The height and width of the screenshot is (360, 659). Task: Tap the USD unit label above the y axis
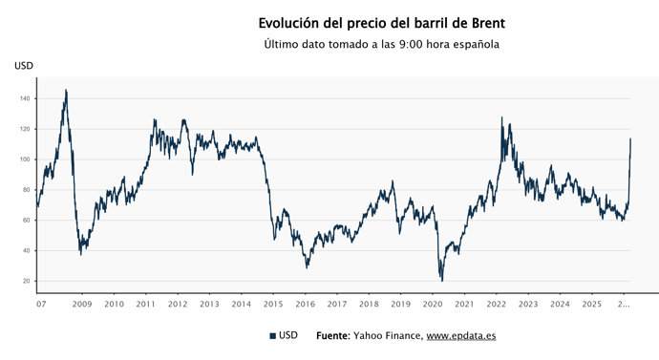point(23,65)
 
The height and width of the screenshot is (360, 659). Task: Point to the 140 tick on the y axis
point(26,98)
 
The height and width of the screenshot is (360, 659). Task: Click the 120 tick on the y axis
point(26,129)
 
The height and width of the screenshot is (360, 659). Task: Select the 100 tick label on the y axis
point(26,159)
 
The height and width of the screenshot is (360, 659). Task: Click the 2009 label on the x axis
point(82,305)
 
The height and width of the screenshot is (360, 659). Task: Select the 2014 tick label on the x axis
point(241,305)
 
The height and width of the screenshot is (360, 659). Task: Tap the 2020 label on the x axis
point(432,305)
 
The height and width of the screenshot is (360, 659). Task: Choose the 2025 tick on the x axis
point(591,305)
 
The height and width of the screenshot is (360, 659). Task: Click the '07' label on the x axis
point(41,305)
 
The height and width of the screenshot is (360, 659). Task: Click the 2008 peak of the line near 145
point(65,91)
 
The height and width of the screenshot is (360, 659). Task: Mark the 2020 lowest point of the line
point(441,280)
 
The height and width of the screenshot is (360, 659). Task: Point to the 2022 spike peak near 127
point(502,117)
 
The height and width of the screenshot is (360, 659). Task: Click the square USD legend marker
point(273,336)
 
